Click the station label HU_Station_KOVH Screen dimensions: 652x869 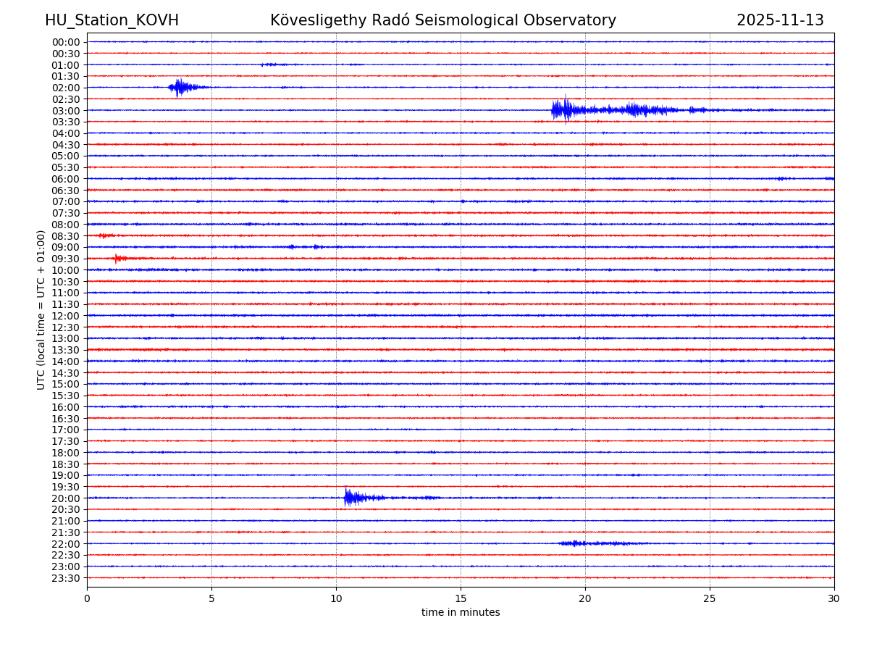pos(112,21)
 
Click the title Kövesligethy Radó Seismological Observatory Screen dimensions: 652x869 pos(443,21)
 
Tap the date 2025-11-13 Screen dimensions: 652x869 pos(780,21)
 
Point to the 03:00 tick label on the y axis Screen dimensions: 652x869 pos(66,110)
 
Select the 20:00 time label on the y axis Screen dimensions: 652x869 pos(66,498)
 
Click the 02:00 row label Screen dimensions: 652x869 pos(66,88)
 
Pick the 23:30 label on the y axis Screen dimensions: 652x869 pos(66,578)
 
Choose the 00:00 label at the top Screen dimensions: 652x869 pos(66,42)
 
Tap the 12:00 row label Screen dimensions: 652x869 pos(66,316)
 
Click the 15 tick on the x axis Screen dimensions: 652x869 pos(461,599)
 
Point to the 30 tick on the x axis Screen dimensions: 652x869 pos(834,599)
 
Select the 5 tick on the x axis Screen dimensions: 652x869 pos(211,599)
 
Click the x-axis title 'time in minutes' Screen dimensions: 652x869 pos(461,613)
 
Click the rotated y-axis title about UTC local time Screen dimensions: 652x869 pos(42,309)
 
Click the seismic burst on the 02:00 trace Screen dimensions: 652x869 pos(180,88)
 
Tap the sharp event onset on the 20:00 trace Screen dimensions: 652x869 pos(347,498)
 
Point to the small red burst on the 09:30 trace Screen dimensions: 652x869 pos(119,259)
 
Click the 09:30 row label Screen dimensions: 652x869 pos(66,259)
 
